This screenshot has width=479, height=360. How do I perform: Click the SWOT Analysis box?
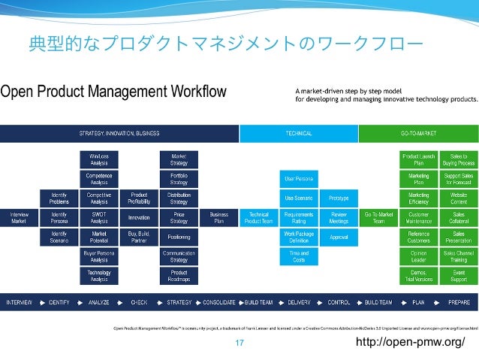pyautogui.click(x=99, y=217)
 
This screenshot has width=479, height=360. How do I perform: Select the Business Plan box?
pyautogui.click(x=218, y=217)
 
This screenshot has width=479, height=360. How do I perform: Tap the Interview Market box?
pyautogui.click(x=19, y=217)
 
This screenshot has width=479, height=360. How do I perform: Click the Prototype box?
pyautogui.click(x=339, y=198)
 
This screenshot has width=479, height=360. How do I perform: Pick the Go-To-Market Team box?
pyautogui.click(x=378, y=217)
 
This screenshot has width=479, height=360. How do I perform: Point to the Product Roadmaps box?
pyautogui.click(x=179, y=276)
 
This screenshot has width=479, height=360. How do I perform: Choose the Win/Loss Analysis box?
pyautogui.click(x=99, y=159)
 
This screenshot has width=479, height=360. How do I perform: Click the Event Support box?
pyautogui.click(x=459, y=276)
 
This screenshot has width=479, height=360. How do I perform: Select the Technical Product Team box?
pyautogui.click(x=258, y=217)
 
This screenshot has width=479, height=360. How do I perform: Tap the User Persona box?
pyautogui.click(x=298, y=178)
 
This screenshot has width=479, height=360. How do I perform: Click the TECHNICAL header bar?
pyautogui.click(x=298, y=133)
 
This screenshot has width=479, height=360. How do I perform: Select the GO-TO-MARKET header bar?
pyautogui.click(x=418, y=133)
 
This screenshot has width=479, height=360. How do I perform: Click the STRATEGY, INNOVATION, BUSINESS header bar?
pyautogui.click(x=119, y=133)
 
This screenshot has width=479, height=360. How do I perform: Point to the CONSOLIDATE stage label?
pyautogui.click(x=220, y=302)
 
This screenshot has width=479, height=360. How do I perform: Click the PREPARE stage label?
pyautogui.click(x=459, y=302)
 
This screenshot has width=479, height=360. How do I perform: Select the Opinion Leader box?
pyautogui.click(x=419, y=256)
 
